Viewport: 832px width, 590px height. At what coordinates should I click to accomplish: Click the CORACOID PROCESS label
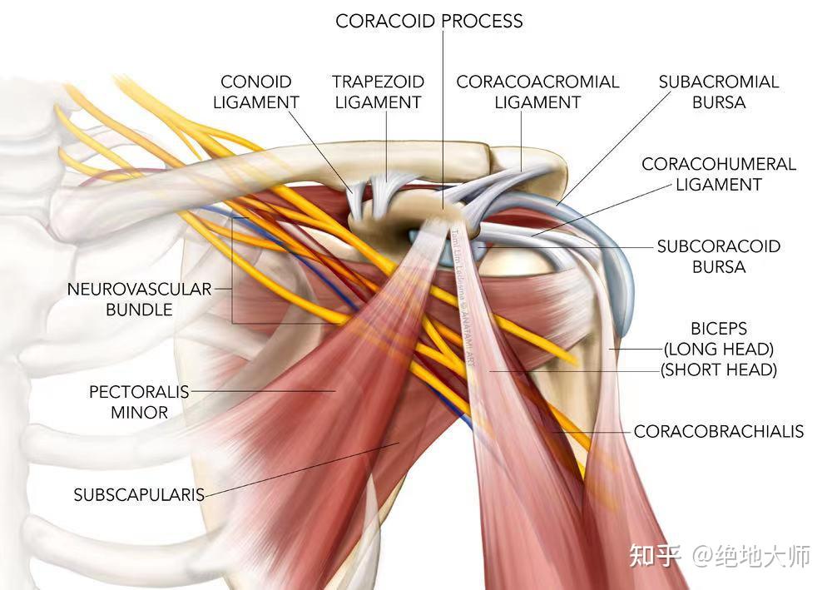pyautogui.click(x=428, y=22)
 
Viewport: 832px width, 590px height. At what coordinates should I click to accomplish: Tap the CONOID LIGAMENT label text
pyautogui.click(x=256, y=92)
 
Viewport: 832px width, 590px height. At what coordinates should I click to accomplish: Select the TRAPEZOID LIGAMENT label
pyautogui.click(x=379, y=92)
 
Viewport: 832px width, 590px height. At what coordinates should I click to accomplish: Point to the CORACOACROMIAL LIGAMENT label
pyautogui.click(x=537, y=92)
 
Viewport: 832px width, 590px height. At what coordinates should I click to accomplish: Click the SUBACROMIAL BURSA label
pyautogui.click(x=719, y=92)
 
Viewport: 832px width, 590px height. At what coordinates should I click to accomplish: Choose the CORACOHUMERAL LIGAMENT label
pyautogui.click(x=719, y=174)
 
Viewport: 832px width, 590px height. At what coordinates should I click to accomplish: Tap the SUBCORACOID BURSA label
pyautogui.click(x=719, y=256)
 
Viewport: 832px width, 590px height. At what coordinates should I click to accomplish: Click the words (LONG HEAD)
pyautogui.click(x=719, y=350)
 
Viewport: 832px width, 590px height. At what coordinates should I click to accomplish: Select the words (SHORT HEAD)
pyautogui.click(x=719, y=369)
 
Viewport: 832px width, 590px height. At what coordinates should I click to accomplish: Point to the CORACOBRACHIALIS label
pyautogui.click(x=719, y=431)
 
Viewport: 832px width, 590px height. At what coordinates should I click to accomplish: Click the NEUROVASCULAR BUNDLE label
pyautogui.click(x=139, y=300)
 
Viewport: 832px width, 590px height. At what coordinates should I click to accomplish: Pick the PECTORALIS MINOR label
pyautogui.click(x=139, y=402)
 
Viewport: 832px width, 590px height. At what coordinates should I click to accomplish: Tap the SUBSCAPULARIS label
pyautogui.click(x=139, y=495)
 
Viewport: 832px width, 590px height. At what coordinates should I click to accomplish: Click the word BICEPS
pyautogui.click(x=719, y=329)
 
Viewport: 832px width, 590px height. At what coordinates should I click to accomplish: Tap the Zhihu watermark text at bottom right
pyautogui.click(x=720, y=556)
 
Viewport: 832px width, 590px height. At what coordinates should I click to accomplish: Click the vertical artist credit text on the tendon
pyautogui.click(x=463, y=297)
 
